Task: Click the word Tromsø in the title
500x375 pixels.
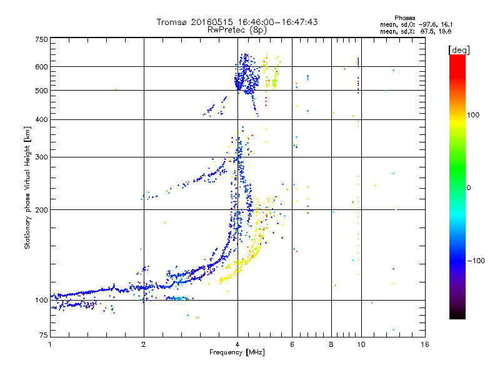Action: click(x=172, y=22)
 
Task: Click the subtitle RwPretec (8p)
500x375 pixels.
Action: click(x=237, y=30)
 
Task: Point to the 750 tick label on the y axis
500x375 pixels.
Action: click(x=41, y=39)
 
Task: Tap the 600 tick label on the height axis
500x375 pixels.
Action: click(x=41, y=67)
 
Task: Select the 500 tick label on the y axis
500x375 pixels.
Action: click(x=41, y=91)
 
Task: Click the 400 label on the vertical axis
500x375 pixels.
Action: click(x=41, y=119)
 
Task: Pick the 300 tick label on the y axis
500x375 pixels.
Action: click(x=41, y=157)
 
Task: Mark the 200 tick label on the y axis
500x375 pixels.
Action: click(x=41, y=210)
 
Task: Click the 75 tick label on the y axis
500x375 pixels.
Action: click(x=44, y=335)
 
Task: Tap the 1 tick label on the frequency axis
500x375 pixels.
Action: click(x=50, y=344)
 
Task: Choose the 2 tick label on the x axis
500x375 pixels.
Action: click(x=144, y=344)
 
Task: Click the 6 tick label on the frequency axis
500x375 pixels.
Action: click(x=292, y=344)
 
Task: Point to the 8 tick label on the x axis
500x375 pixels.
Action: click(x=331, y=344)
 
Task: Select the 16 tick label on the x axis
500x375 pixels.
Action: click(x=425, y=344)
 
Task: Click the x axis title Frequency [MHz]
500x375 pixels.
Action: click(x=237, y=352)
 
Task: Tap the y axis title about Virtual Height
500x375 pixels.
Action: click(x=27, y=188)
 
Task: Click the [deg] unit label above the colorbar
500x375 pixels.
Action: click(x=459, y=51)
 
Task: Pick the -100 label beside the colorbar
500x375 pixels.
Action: click(x=476, y=261)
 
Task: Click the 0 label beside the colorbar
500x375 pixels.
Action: click(x=469, y=187)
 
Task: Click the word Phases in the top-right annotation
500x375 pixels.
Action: click(x=404, y=18)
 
